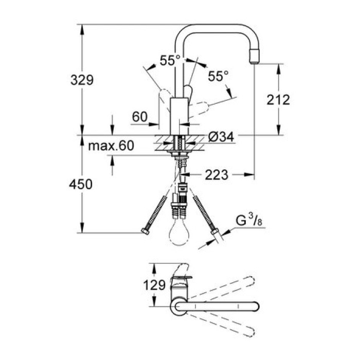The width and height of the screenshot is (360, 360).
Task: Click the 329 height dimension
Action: point(81,80)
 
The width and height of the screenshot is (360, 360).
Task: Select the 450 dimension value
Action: point(81,184)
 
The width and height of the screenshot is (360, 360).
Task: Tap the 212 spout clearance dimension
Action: point(278,99)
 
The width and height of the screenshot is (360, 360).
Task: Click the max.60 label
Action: point(111,146)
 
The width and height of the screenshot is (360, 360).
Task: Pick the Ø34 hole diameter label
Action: point(221,137)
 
